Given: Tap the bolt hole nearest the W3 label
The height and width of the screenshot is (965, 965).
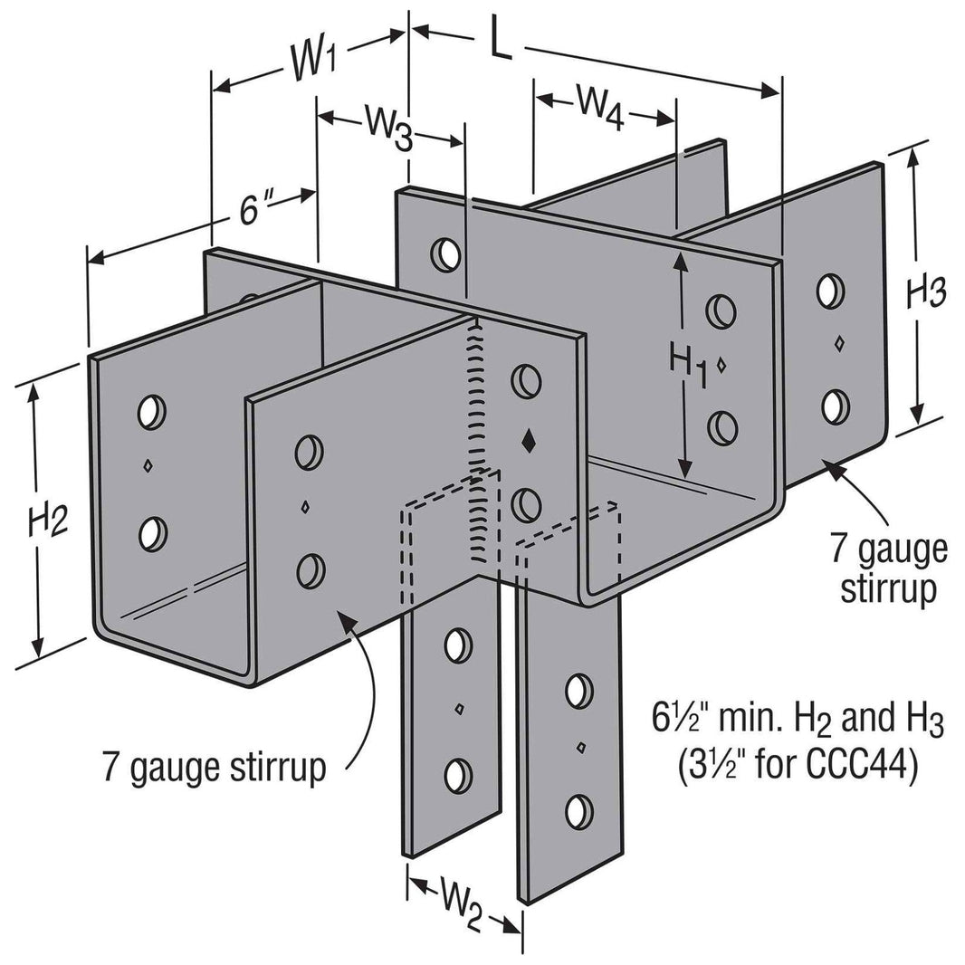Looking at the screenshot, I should click(445, 252).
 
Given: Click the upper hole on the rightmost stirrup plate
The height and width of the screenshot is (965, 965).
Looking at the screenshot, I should click(826, 291).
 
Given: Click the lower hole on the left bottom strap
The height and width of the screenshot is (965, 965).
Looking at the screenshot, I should click(459, 775).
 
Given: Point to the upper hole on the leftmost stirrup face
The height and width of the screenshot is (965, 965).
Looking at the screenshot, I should click(151, 412).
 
